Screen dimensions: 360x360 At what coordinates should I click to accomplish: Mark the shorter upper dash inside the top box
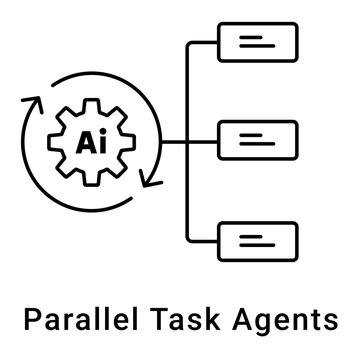point(249,38)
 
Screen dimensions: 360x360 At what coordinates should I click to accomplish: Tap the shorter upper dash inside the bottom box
point(249,234)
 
